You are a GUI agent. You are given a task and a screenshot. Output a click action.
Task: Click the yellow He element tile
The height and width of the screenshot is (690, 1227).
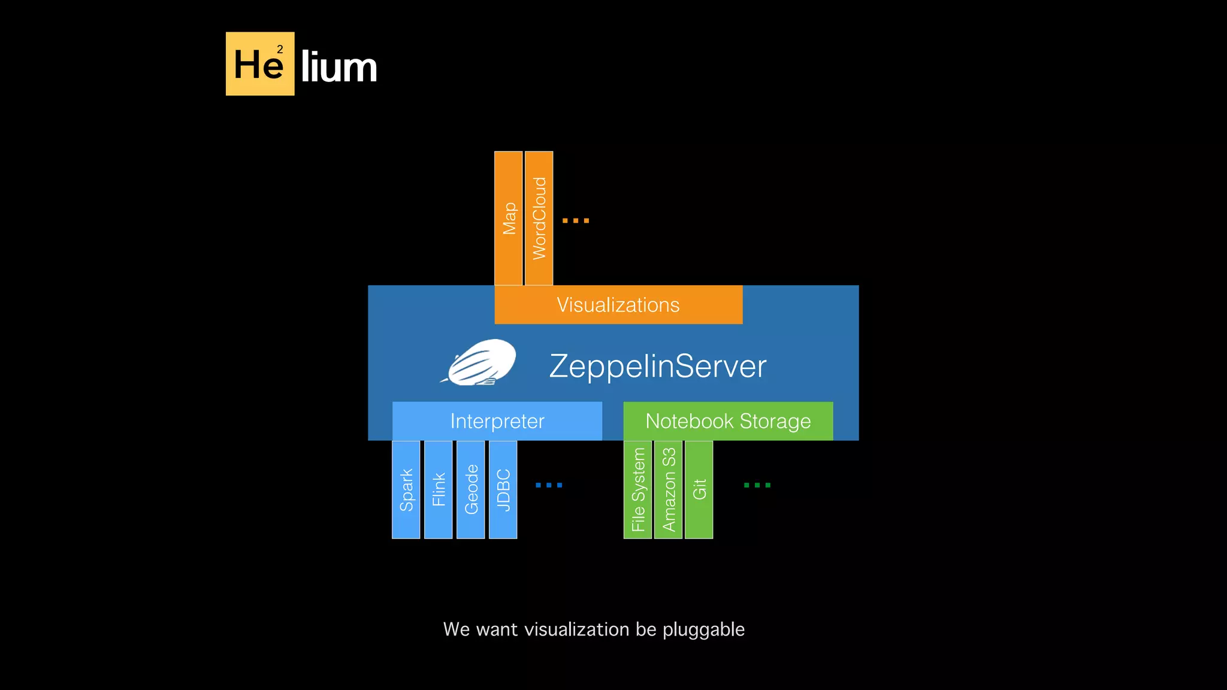[259, 63]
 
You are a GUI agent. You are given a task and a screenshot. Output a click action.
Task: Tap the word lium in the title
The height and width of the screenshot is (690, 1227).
[339, 66]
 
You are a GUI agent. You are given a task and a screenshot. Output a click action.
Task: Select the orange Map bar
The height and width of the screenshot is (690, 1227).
[508, 218]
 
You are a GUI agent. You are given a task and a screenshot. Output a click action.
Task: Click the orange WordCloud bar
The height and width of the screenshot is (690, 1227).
[539, 218]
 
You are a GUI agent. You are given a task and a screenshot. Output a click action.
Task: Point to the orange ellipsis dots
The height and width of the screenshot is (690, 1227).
[575, 220]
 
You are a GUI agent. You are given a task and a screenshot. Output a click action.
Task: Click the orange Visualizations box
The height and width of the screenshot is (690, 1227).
[618, 305]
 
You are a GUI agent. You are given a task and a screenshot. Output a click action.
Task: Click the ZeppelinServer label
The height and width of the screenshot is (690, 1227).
[657, 366]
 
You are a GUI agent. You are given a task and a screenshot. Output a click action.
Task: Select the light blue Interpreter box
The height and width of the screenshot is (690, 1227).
[497, 421]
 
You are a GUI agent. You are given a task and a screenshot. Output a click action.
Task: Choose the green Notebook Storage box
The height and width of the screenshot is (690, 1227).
[727, 421]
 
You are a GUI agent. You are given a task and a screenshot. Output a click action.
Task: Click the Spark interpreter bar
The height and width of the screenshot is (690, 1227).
[406, 489]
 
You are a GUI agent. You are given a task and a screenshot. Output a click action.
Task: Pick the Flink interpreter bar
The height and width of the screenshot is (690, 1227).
[438, 489]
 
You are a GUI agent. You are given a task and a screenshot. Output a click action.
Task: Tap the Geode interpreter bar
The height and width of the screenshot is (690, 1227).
[470, 489]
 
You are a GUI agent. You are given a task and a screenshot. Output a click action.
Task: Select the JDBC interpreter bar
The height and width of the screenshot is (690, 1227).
[503, 489]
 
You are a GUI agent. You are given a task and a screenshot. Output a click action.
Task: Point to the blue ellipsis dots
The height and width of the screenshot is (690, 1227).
[548, 485]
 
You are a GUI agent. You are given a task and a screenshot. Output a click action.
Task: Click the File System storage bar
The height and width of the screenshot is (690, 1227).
[637, 489]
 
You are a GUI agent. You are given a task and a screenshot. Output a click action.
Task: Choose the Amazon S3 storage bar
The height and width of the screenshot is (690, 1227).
[668, 489]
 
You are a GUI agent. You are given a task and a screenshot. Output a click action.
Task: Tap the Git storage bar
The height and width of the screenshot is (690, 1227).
[699, 489]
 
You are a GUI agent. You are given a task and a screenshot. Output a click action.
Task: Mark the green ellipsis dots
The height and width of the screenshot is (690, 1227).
[757, 485]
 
